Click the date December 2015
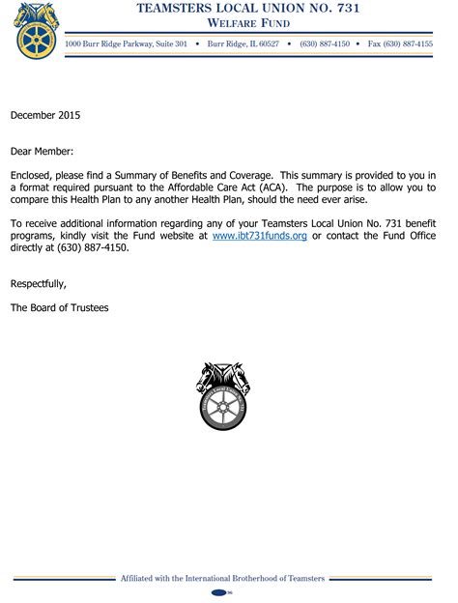pyautogui.click(x=45, y=115)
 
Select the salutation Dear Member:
pyautogui.click(x=42, y=151)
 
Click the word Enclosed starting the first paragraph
pyautogui.click(x=35, y=174)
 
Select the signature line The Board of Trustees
pyautogui.click(x=60, y=307)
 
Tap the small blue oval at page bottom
pyautogui.click(x=221, y=591)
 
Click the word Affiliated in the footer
pyautogui.click(x=142, y=578)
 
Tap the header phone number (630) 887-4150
pyautogui.click(x=325, y=44)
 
